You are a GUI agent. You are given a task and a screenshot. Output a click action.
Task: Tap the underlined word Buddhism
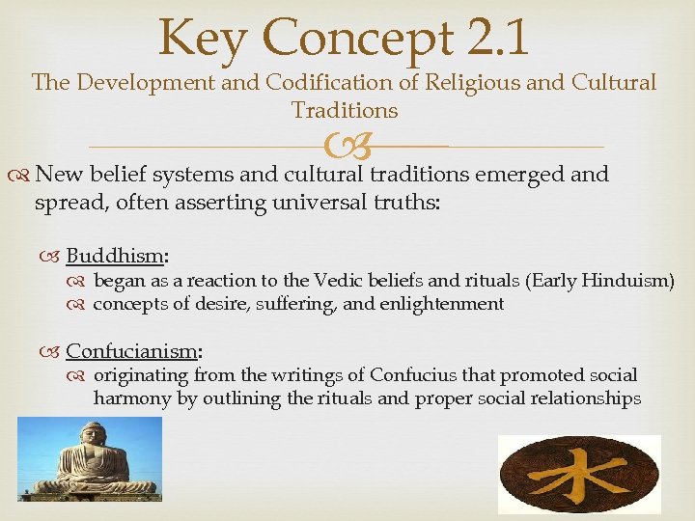116,256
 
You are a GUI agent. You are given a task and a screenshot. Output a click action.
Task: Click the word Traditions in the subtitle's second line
345,111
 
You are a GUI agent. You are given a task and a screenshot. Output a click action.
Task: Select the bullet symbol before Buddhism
52,257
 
